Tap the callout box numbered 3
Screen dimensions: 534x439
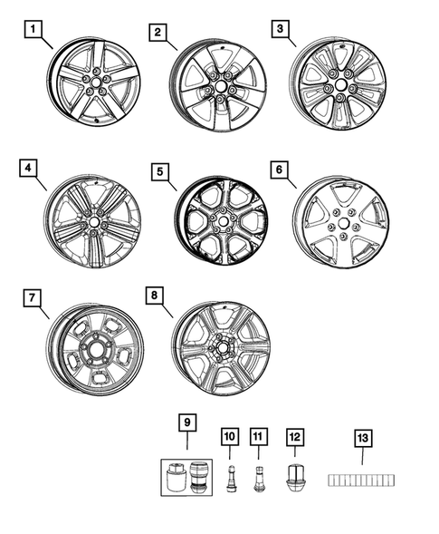pyautogui.click(x=280, y=30)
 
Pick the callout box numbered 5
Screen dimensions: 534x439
pyautogui.click(x=158, y=170)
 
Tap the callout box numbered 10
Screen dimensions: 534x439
pyautogui.click(x=229, y=437)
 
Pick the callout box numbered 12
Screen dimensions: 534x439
pyautogui.click(x=293, y=437)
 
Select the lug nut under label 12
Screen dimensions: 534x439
pyautogui.click(x=293, y=476)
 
